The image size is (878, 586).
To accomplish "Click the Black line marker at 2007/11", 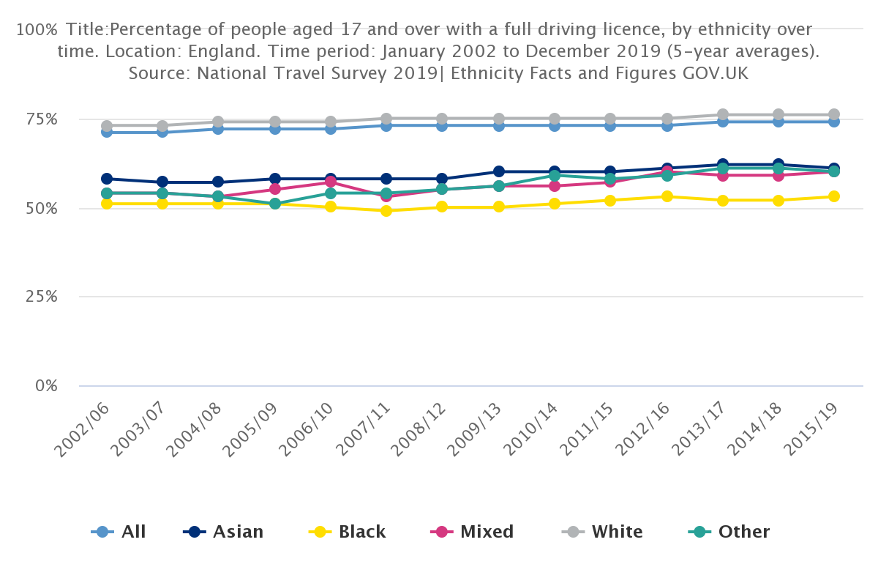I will click(x=386, y=211).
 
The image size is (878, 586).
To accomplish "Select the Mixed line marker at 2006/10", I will click(x=331, y=182).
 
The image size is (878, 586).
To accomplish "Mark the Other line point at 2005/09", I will click(x=274, y=204).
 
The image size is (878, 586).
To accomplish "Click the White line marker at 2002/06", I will click(x=107, y=126).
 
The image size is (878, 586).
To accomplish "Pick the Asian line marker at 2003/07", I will click(x=162, y=182).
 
